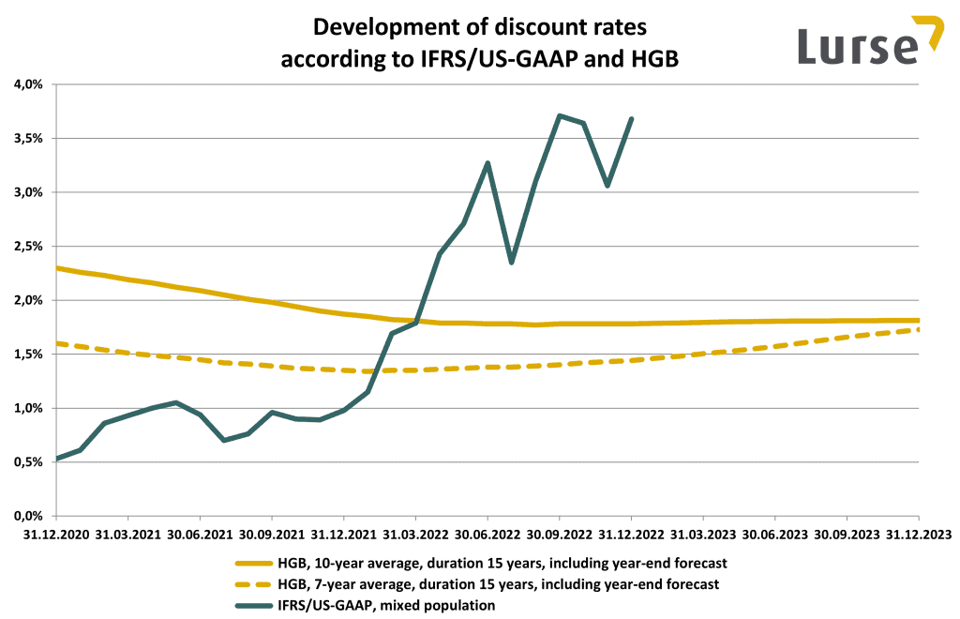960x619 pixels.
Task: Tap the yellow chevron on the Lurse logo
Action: [x=930, y=30]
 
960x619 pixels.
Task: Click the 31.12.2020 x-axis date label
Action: [x=56, y=535]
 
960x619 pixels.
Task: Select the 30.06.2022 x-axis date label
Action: [x=487, y=535]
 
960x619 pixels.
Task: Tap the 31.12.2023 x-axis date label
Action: [x=918, y=535]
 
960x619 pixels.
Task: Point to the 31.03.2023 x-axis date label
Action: [x=703, y=535]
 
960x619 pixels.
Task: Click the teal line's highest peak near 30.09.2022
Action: [x=560, y=116]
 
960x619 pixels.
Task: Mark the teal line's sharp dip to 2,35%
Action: [x=512, y=262]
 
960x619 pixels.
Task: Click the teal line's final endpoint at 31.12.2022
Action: [x=632, y=119]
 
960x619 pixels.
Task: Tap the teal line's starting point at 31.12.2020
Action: [x=57, y=459]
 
